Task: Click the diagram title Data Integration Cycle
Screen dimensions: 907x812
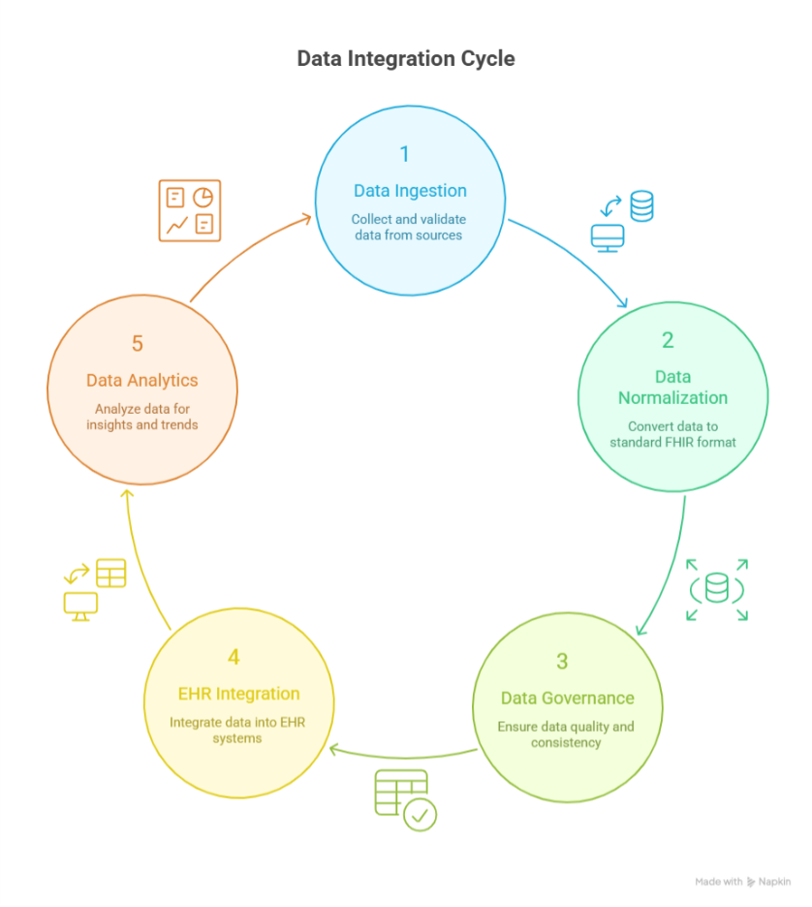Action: (405, 59)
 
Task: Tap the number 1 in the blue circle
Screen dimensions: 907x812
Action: (405, 154)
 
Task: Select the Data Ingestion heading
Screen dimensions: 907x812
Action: (410, 191)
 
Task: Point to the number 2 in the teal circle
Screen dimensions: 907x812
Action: (668, 340)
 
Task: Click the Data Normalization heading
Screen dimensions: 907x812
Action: (672, 387)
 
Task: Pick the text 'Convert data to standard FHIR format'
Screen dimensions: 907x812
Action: (672, 434)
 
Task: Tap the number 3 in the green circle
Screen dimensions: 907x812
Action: (562, 662)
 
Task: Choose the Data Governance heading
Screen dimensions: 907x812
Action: (567, 698)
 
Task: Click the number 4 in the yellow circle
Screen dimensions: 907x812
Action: (234, 658)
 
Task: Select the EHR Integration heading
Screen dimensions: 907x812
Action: (238, 694)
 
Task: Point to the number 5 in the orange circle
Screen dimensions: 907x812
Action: (138, 344)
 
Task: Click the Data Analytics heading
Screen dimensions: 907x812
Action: (141, 381)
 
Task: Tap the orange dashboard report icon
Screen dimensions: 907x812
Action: (190, 210)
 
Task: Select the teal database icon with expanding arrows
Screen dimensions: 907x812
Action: (717, 588)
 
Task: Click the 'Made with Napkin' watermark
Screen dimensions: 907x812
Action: (742, 882)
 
